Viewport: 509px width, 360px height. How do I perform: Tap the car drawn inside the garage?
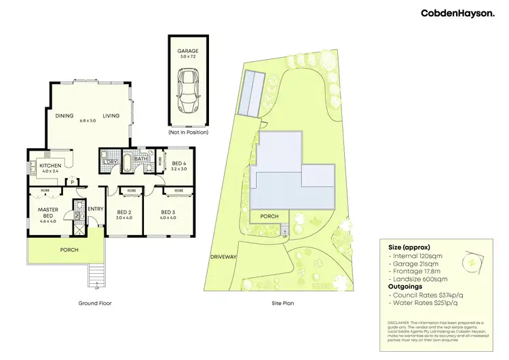pos(187,94)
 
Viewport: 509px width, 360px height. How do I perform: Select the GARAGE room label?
pos(187,50)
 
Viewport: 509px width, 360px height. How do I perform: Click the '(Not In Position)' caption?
pos(187,133)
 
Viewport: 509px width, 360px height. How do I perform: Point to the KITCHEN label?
pos(50,166)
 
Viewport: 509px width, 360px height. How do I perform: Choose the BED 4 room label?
pos(179,164)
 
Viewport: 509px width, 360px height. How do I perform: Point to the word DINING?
pos(65,115)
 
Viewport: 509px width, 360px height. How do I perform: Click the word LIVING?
pos(111,115)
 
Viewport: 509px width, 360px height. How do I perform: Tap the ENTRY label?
pos(95,209)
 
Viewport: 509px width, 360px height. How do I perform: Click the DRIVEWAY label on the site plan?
pos(223,257)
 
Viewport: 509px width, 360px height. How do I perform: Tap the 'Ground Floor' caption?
pos(94,303)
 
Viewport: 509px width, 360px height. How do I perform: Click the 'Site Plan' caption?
pos(283,303)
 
